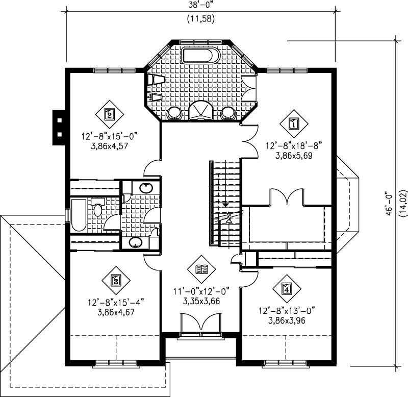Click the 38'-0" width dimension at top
[200, 6]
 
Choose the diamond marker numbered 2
[109, 114]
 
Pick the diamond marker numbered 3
[116, 280]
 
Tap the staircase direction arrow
[225, 203]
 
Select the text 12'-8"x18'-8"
[293, 145]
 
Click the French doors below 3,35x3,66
[200, 325]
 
